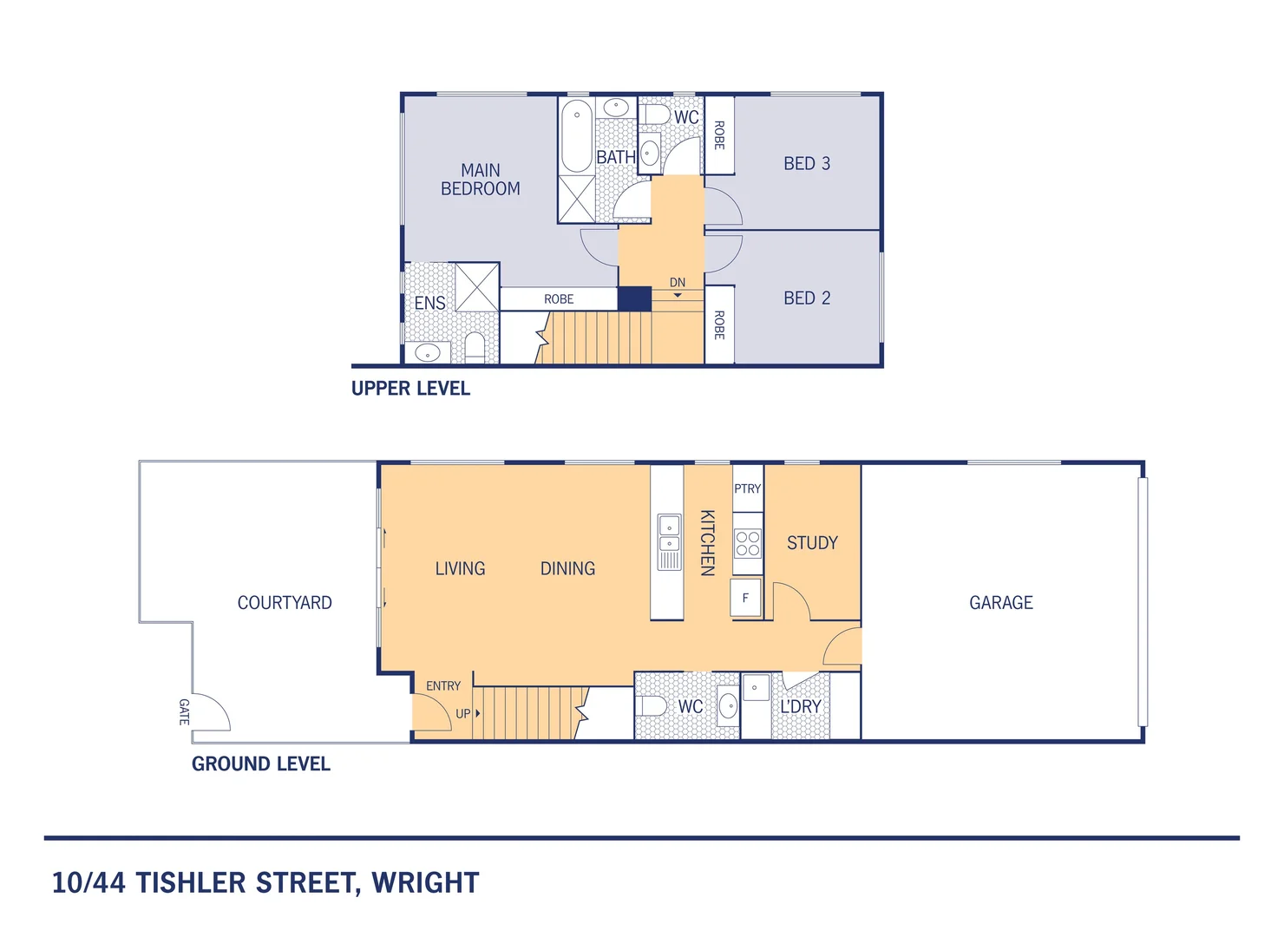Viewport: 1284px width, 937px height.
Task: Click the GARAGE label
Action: coord(1000,603)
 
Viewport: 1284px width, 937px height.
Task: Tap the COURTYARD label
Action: coord(285,603)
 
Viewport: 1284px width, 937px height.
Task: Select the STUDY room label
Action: coord(812,543)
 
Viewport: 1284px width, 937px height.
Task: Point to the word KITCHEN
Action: coord(707,542)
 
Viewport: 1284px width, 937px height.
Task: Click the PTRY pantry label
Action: coord(747,489)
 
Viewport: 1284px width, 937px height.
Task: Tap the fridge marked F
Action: coord(745,599)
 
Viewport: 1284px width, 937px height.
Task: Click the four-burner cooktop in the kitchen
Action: coord(748,544)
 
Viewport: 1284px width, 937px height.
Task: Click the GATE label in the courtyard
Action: coord(184,712)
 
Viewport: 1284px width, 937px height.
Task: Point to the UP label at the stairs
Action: coord(463,714)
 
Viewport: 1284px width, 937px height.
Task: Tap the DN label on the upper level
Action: coord(678,283)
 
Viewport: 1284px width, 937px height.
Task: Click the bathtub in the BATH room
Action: coord(577,136)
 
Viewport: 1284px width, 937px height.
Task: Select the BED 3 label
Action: coord(807,164)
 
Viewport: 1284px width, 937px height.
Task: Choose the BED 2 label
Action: coord(807,298)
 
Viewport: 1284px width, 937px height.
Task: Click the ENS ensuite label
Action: coord(429,304)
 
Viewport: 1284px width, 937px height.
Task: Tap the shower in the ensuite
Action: coord(477,286)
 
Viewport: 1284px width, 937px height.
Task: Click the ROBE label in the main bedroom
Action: coord(559,299)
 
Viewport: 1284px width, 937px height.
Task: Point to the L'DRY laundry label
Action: coord(800,707)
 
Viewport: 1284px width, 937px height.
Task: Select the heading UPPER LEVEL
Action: coord(410,389)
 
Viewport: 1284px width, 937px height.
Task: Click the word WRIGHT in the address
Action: coord(425,883)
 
